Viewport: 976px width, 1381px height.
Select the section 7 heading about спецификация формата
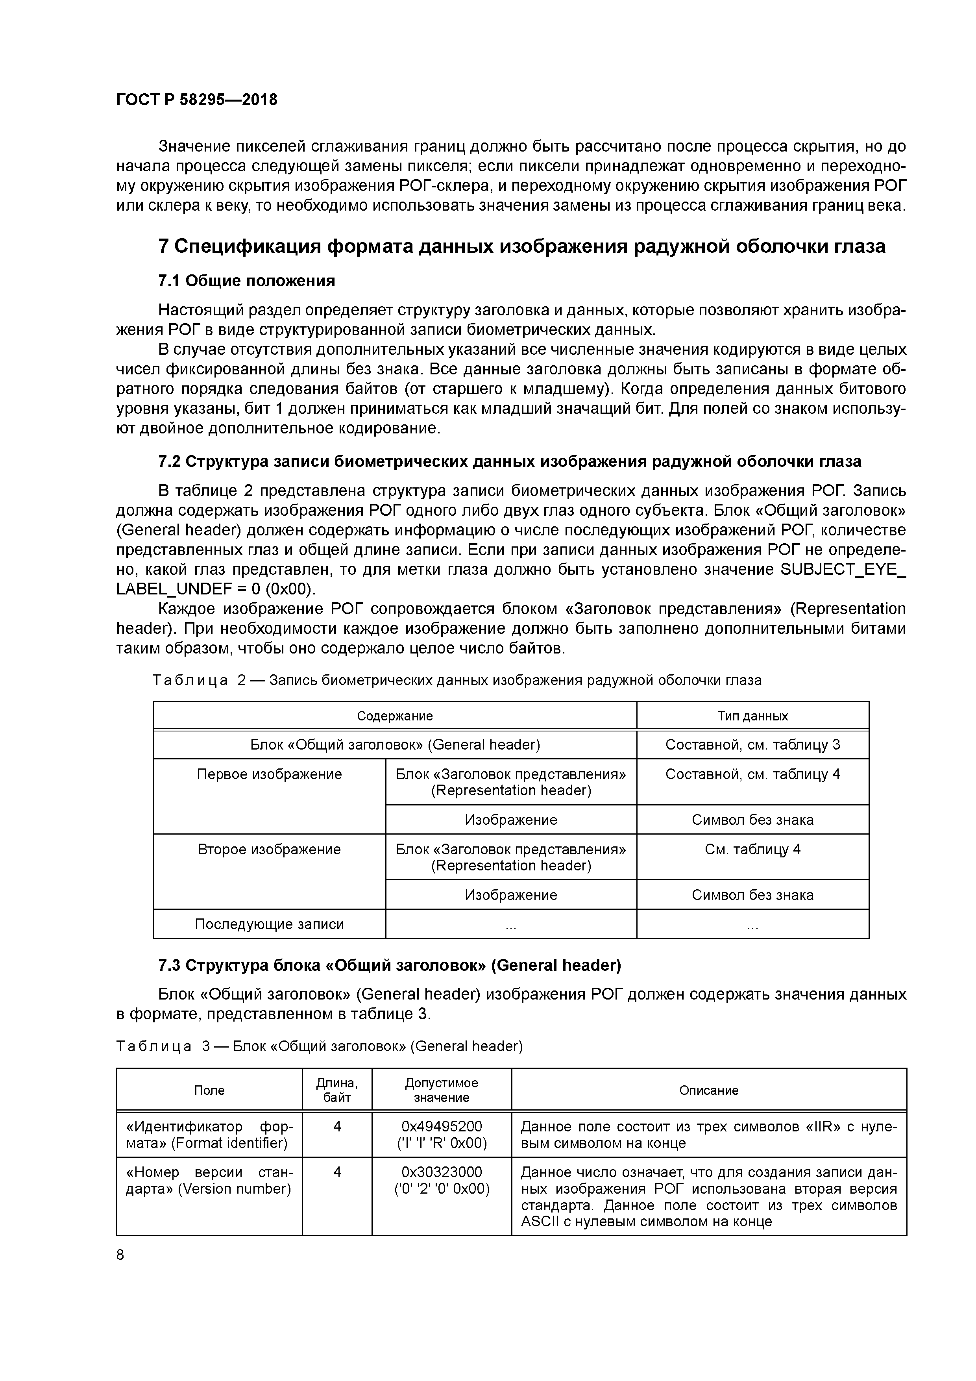coord(521,246)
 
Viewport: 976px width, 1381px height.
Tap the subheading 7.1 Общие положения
coord(246,281)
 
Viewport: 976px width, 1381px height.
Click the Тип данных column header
coord(752,716)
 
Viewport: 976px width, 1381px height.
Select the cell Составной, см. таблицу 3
coord(752,745)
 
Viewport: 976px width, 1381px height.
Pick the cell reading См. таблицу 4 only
coord(752,849)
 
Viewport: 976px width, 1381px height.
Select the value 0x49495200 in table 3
coord(442,1126)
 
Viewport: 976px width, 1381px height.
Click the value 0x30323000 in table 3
coord(442,1172)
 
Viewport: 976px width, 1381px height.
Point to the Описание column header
coord(708,1090)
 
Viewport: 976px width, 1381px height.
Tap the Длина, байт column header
coord(337,1090)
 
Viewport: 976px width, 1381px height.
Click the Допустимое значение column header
coord(442,1090)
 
